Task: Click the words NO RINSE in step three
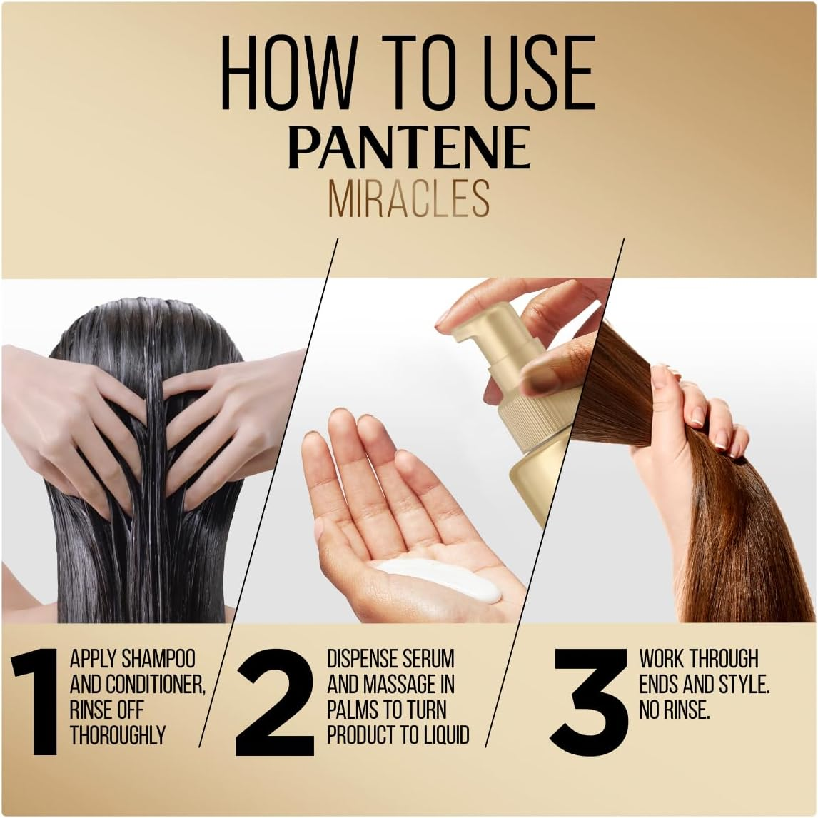675,711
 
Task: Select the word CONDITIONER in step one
156,685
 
